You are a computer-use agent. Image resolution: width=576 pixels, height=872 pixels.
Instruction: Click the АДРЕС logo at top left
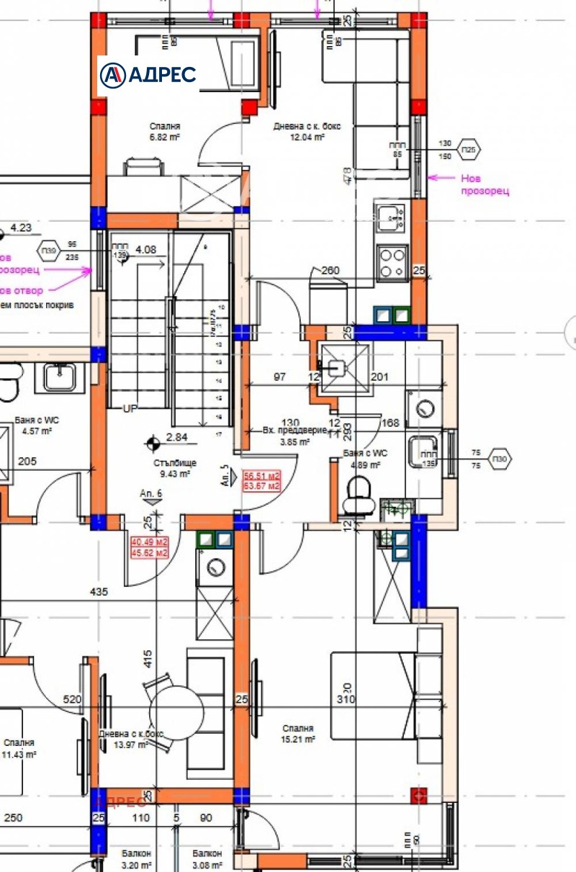[148, 74]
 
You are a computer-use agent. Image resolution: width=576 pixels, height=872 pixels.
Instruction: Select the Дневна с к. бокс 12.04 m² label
[307, 130]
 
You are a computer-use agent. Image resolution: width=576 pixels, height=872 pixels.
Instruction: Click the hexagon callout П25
[469, 150]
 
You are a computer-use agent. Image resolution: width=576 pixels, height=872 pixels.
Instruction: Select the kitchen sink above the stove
[391, 215]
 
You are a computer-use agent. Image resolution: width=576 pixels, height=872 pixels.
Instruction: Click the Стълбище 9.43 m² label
[174, 469]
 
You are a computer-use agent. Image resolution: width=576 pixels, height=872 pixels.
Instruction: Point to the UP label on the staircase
[130, 409]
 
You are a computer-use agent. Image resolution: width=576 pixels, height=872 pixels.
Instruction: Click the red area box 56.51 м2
[261, 480]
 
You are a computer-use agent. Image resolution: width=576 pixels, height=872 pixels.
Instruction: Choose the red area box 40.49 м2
[149, 548]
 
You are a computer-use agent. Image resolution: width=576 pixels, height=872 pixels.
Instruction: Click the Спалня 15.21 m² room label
[297, 734]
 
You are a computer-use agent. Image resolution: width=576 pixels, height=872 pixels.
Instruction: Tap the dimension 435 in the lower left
[99, 592]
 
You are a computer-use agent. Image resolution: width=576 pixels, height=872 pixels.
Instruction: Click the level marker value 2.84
[177, 437]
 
